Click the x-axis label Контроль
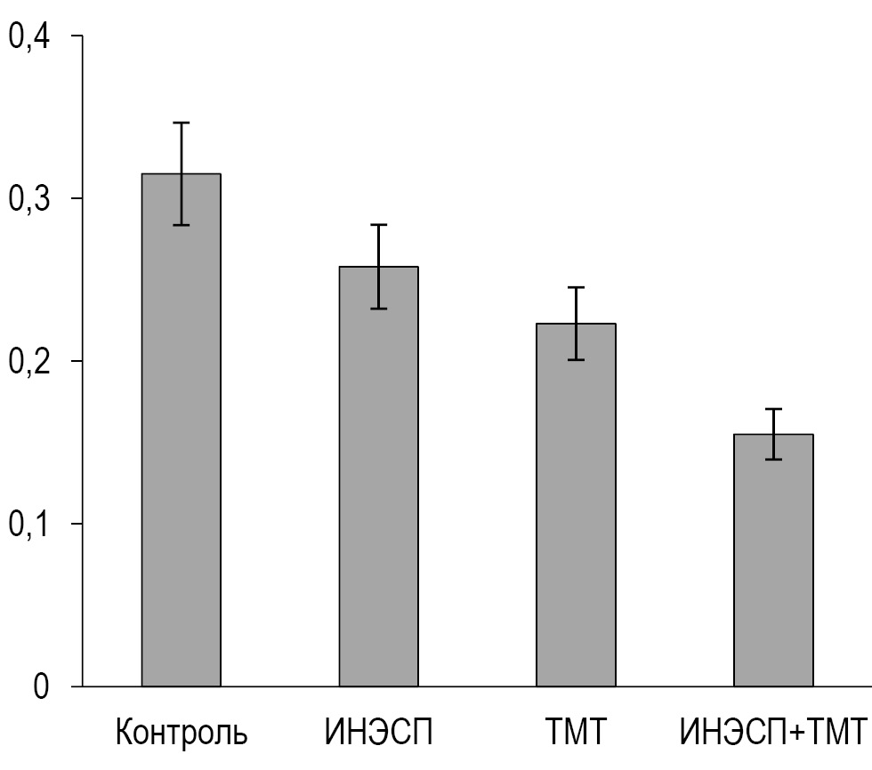182,734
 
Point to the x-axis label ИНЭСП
378,734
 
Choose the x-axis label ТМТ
576,734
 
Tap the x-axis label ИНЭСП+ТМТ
773,734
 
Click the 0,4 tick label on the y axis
31,37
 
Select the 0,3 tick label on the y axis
31,199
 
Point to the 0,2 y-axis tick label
31,362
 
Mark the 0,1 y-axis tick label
31,525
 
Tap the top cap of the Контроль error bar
181,123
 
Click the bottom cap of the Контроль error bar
181,225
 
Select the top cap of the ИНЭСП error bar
378,225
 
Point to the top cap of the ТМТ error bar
576,287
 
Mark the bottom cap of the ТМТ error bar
576,360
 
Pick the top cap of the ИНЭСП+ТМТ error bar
773,409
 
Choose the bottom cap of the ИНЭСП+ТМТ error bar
773,459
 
